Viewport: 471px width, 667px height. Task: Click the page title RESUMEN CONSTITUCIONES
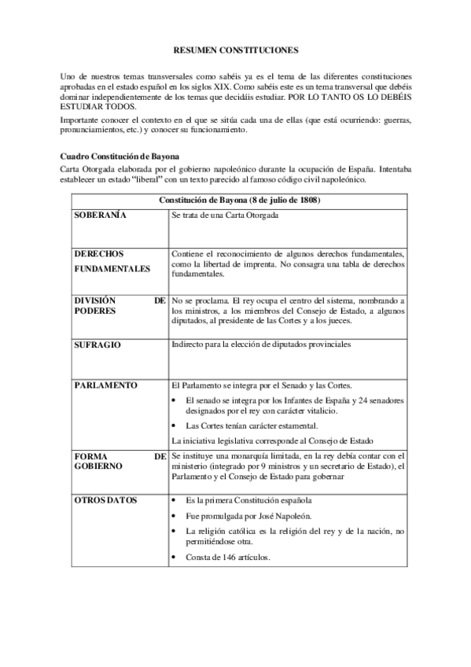pyautogui.click(x=235, y=50)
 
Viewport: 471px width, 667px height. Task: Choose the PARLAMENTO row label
pyautogui.click(x=105, y=385)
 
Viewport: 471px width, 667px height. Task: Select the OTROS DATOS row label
pyautogui.click(x=105, y=500)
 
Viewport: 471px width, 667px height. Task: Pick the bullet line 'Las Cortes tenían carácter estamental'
pyautogui.click(x=251, y=425)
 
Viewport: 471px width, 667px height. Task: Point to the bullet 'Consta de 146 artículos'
pyautogui.click(x=228, y=558)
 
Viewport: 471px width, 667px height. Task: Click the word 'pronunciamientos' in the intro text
pyautogui.click(x=90, y=130)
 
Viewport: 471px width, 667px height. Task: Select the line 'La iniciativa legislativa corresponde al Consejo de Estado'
pyautogui.click(x=277, y=440)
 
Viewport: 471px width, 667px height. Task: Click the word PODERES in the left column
pyautogui.click(x=94, y=311)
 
